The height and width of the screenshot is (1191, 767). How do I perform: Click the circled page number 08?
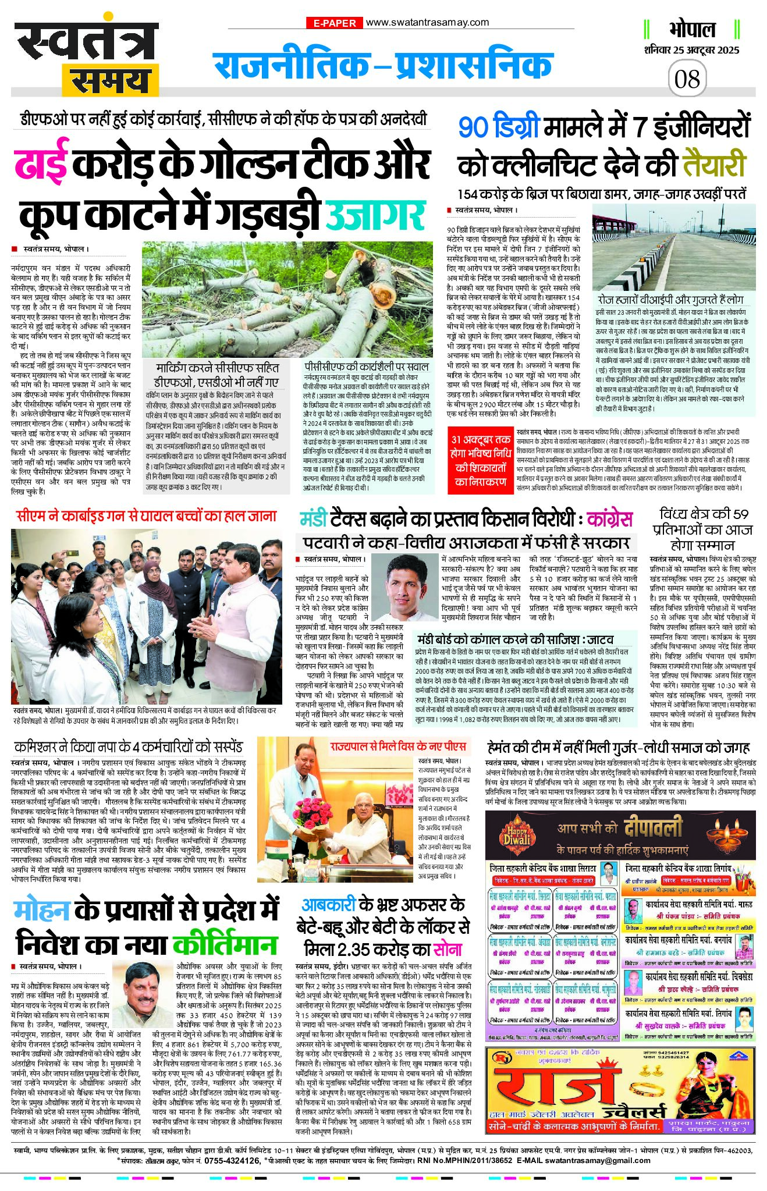click(687, 79)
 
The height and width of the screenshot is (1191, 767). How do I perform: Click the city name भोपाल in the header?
click(692, 30)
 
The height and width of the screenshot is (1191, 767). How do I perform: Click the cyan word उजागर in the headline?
click(375, 215)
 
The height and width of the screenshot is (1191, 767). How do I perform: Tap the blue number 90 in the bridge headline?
click(474, 127)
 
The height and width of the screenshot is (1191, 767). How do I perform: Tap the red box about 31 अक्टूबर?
click(480, 460)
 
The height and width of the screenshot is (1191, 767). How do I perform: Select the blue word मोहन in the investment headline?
click(42, 911)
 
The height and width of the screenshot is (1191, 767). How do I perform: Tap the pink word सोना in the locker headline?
click(448, 949)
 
